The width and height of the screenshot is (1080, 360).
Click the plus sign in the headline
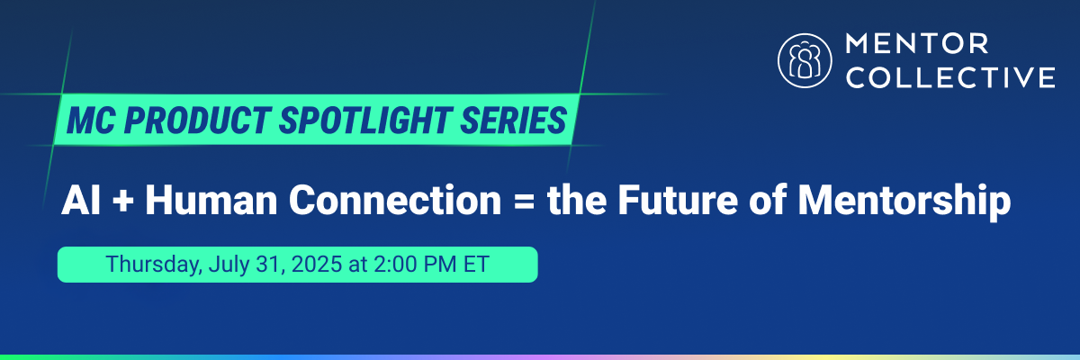pos(123,201)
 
